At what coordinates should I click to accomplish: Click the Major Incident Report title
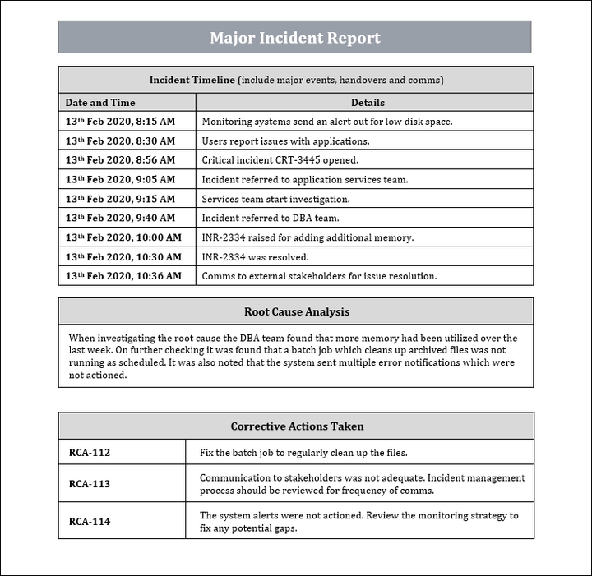click(x=295, y=38)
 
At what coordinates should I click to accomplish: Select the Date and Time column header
click(x=100, y=103)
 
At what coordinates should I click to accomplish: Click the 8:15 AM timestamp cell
click(x=120, y=122)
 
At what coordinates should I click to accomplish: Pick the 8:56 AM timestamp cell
click(x=120, y=160)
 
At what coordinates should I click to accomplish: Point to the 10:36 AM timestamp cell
click(x=123, y=276)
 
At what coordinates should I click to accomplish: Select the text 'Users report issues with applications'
click(x=285, y=141)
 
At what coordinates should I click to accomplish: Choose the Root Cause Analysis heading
click(x=296, y=311)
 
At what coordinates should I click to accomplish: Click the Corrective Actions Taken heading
click(x=297, y=426)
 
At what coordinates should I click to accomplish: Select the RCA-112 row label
click(x=90, y=453)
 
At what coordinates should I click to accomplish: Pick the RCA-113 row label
click(x=90, y=484)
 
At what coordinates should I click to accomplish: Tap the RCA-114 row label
click(x=90, y=522)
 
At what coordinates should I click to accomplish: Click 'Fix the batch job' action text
click(x=303, y=453)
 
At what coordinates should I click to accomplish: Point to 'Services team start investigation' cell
click(x=275, y=199)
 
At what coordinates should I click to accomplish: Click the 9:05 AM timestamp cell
click(x=120, y=179)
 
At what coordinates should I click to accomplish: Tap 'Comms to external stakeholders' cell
click(x=319, y=276)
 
